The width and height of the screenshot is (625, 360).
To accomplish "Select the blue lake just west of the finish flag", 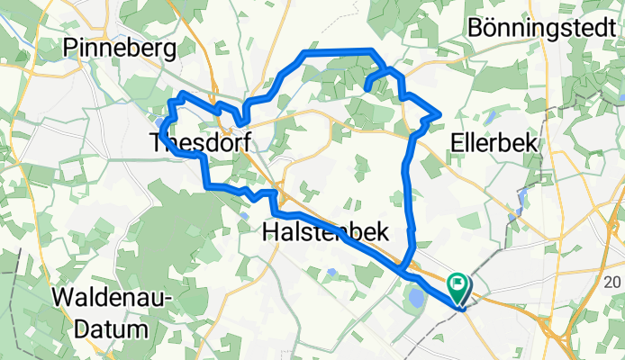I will click(x=414, y=293).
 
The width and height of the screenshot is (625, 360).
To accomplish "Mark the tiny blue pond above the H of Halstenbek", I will click(x=247, y=214).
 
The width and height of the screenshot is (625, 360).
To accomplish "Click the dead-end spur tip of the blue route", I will click(x=367, y=87).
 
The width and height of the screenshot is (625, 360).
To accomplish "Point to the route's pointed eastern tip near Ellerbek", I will click(x=439, y=112).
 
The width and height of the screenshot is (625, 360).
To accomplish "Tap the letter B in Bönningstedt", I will click(x=477, y=27).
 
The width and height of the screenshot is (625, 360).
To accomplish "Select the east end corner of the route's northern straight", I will click(x=372, y=51).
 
